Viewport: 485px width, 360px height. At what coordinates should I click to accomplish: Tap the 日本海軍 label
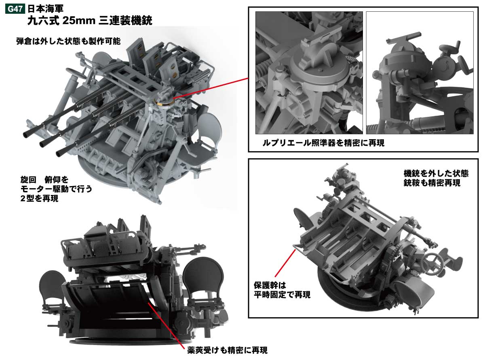[46, 7]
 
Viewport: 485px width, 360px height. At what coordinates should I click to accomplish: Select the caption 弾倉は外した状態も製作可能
[69, 41]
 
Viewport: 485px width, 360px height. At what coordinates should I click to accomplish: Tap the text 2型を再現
[39, 198]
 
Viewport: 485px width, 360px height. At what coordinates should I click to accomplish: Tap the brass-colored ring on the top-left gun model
[164, 102]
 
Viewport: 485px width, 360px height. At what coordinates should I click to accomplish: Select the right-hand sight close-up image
[420, 73]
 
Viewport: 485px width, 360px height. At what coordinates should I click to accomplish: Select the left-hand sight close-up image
[309, 73]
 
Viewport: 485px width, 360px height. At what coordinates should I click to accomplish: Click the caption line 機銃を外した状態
[436, 173]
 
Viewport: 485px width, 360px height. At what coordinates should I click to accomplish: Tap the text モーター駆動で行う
[51, 188]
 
